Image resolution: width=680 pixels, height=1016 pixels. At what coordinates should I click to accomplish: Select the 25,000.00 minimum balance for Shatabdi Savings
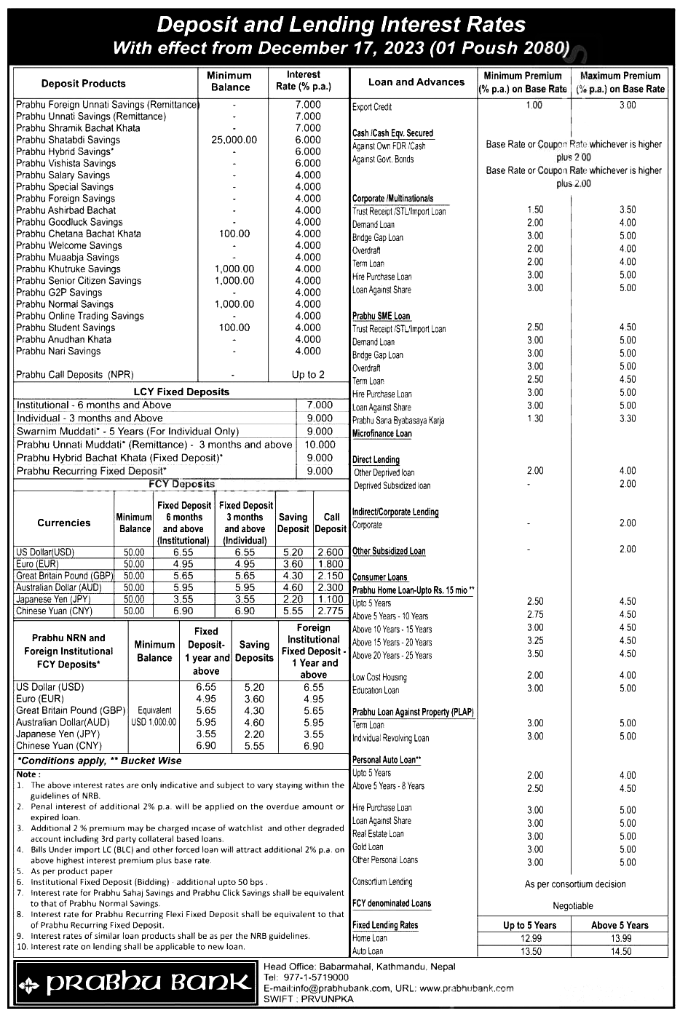pos(234,140)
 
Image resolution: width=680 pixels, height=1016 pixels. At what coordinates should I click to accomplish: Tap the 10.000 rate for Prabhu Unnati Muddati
pos(320,445)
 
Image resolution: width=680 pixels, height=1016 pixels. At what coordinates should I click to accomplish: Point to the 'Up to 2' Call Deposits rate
pos(308,375)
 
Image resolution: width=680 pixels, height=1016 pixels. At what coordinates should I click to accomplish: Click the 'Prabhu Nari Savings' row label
pos(58,351)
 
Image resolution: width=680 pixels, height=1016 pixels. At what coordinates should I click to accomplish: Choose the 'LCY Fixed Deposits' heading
pos(181,392)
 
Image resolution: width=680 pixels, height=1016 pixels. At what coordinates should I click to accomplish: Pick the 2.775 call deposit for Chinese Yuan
pos(331,611)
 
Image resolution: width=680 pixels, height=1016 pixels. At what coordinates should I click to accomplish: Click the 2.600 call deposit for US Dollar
pos(331,552)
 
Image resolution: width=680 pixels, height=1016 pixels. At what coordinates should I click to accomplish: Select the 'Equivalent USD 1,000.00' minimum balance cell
pos(154,716)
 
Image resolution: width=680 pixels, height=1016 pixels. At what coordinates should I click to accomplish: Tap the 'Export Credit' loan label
pos(372,107)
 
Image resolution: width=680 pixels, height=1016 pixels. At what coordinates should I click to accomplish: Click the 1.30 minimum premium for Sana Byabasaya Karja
pos(534,418)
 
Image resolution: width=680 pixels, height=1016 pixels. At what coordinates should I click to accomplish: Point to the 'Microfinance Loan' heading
pos(381,434)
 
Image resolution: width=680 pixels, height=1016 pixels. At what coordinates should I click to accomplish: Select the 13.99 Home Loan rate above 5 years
pos(620,938)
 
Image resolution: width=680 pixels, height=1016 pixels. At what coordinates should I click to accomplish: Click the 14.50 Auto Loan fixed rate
pos(620,951)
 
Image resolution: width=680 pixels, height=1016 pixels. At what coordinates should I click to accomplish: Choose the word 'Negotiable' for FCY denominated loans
pos(573,906)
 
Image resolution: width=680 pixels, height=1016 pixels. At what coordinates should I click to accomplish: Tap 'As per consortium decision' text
pos(575,884)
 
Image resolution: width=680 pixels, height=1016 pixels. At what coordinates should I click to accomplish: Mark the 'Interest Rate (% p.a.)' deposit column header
pos(304,81)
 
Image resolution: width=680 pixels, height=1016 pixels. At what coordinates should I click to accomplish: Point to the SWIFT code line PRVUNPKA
pos(309,999)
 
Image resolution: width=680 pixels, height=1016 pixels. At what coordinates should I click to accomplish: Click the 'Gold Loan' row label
pos(368,847)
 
